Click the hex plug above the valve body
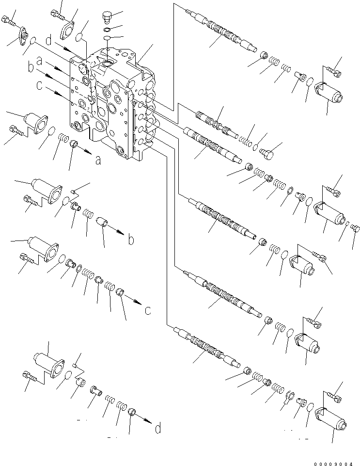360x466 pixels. coord(107,17)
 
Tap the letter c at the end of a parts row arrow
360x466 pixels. coord(148,310)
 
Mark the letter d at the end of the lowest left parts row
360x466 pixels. coord(158,428)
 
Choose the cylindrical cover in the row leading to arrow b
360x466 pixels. coord(44,188)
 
